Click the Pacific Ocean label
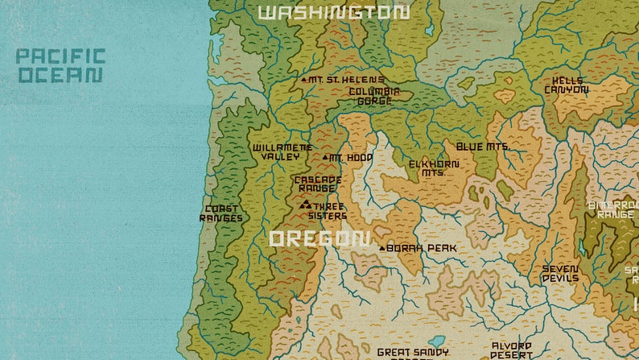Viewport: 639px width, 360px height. pos(60,66)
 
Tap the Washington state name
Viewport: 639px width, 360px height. pos(333,12)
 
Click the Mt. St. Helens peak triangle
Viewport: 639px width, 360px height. pos(303,80)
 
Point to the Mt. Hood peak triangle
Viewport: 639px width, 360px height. pos(325,158)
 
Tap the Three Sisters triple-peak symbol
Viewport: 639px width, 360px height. pos(305,205)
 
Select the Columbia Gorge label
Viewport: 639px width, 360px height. pos(374,97)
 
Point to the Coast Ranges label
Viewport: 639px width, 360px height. pos(221,213)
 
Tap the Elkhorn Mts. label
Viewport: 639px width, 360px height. pos(434,168)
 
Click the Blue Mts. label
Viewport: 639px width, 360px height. pos(483,147)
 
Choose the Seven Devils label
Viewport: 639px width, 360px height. pos(560,274)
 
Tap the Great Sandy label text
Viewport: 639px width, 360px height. pos(413,353)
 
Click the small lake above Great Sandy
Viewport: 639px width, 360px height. pos(436,341)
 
